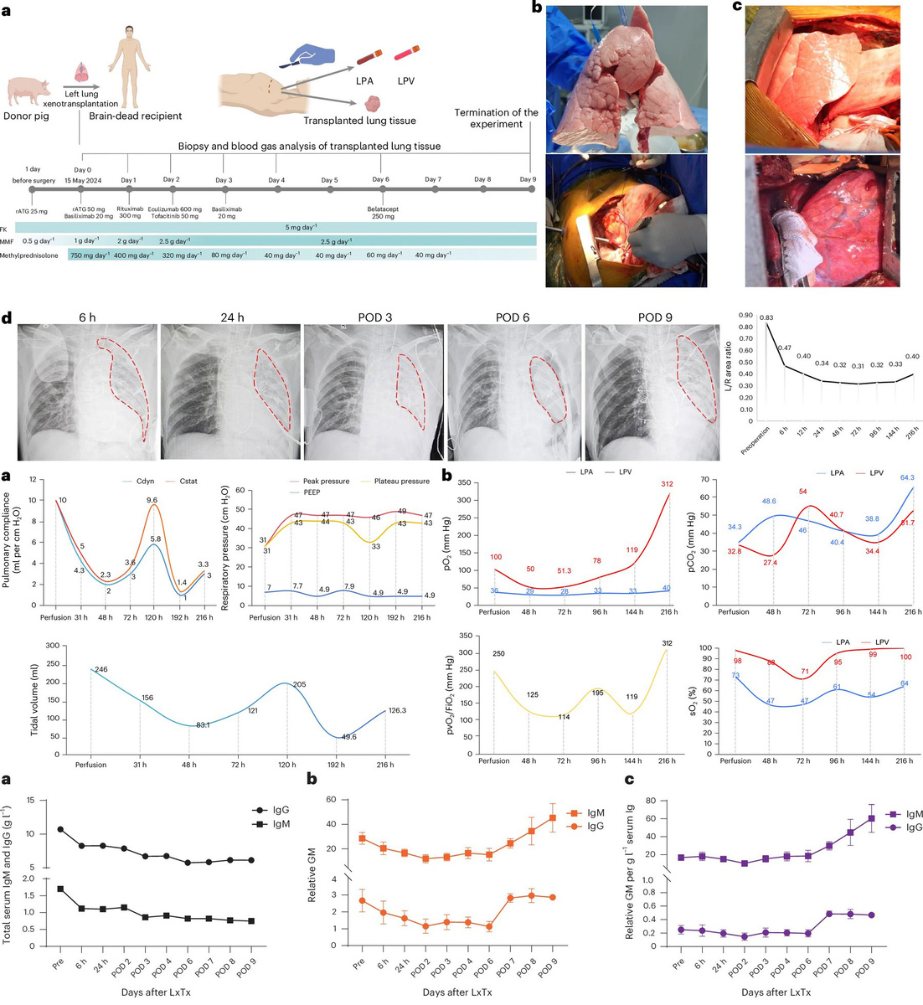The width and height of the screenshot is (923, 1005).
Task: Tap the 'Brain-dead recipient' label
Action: tap(136, 116)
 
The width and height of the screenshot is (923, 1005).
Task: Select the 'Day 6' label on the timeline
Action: tap(380, 180)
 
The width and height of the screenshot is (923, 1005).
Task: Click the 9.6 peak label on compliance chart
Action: tap(152, 500)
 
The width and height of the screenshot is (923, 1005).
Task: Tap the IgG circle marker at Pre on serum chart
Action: tap(59, 829)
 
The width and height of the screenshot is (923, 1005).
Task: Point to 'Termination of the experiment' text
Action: tap(497, 118)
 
